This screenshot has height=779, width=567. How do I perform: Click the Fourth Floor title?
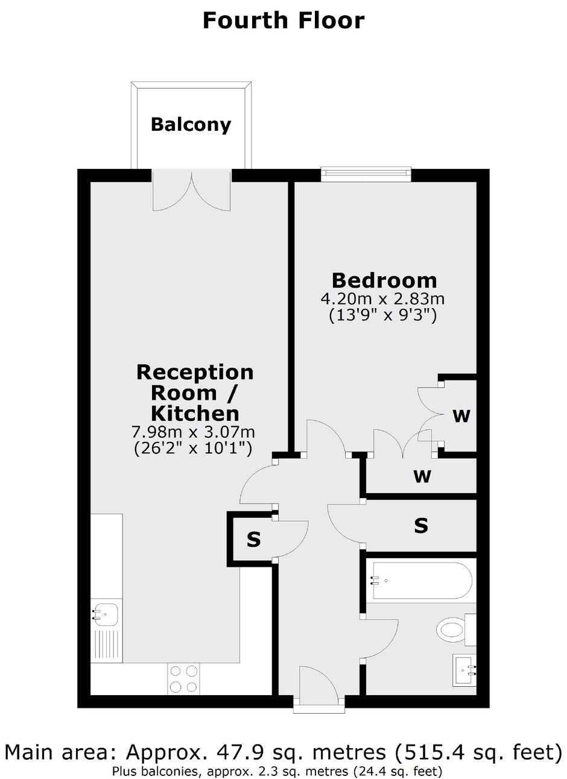click(283, 20)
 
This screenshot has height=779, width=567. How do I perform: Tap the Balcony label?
click(191, 124)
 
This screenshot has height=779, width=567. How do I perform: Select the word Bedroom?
click(384, 280)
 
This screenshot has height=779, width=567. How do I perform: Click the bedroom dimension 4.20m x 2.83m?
click(382, 298)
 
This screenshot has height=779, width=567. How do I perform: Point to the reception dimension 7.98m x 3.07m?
click(193, 432)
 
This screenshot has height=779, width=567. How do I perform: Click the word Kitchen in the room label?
click(195, 414)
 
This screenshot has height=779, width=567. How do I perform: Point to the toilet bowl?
click(451, 629)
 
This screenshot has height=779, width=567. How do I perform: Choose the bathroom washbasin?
click(464, 669)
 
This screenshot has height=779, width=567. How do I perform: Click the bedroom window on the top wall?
click(366, 175)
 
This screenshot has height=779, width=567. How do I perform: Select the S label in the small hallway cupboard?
click(253, 540)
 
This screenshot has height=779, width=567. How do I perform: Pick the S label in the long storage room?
click(421, 525)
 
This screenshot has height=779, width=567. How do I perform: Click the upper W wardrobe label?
click(461, 415)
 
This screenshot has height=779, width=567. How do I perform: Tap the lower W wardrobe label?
click(422, 476)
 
